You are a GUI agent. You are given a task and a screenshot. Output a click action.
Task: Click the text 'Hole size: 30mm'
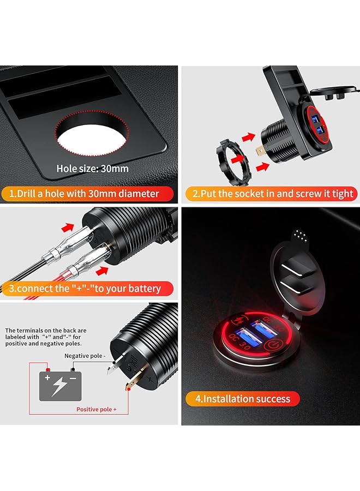[x=93, y=168]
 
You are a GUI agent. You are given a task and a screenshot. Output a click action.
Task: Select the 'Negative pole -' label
[x=85, y=356]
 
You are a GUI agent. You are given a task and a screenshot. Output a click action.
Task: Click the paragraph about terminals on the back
[x=46, y=337]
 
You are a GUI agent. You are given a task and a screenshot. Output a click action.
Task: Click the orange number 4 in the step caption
[x=199, y=399]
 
